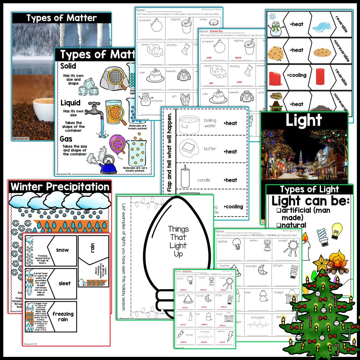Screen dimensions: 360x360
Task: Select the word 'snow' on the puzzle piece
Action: [62, 250]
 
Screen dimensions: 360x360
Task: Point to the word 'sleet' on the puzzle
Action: [64, 283]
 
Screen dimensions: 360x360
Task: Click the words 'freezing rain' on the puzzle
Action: [63, 316]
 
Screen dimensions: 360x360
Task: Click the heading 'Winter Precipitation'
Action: [60, 187]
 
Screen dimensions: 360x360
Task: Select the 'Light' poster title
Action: [303, 121]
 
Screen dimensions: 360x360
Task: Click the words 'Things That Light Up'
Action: [178, 241]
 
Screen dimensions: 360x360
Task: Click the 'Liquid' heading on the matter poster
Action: [71, 103]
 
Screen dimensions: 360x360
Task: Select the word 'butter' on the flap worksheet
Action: [210, 149]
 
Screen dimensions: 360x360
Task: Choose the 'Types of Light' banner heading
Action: [309, 189]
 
